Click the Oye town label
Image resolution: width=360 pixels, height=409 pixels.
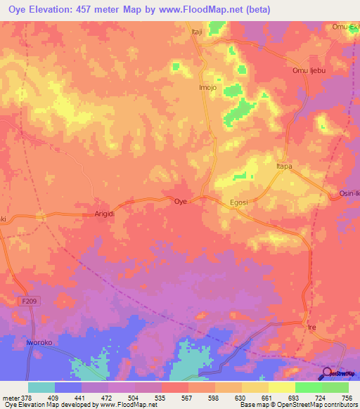181,201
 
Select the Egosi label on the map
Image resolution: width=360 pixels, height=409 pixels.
240,202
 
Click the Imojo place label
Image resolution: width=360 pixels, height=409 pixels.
207,88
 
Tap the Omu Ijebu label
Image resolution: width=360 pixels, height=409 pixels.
308,71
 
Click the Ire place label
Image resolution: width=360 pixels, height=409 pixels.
313,328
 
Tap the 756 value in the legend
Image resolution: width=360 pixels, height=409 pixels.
348,397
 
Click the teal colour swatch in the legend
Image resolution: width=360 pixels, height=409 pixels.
41,387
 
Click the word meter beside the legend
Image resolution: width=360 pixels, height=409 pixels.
11,397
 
